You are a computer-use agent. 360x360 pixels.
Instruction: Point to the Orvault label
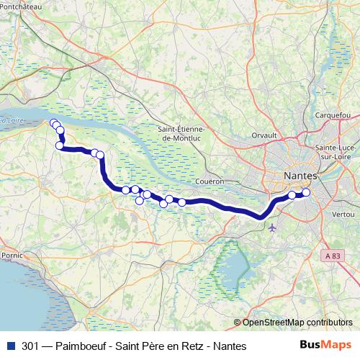point(265,135)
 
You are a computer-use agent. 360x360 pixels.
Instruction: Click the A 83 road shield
point(332,256)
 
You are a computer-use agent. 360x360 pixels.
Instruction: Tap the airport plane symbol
point(271,228)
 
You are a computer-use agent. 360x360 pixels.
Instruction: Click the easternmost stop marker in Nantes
point(306,192)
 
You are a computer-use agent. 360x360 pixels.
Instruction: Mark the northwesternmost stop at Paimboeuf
point(53,122)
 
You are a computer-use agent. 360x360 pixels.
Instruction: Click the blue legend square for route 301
point(9,346)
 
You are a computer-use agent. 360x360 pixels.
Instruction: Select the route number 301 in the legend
point(31,346)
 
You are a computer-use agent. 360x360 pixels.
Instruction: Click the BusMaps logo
point(320,346)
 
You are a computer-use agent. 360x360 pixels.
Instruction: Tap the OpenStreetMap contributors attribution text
point(297,322)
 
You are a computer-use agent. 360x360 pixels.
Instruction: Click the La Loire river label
point(10,121)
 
